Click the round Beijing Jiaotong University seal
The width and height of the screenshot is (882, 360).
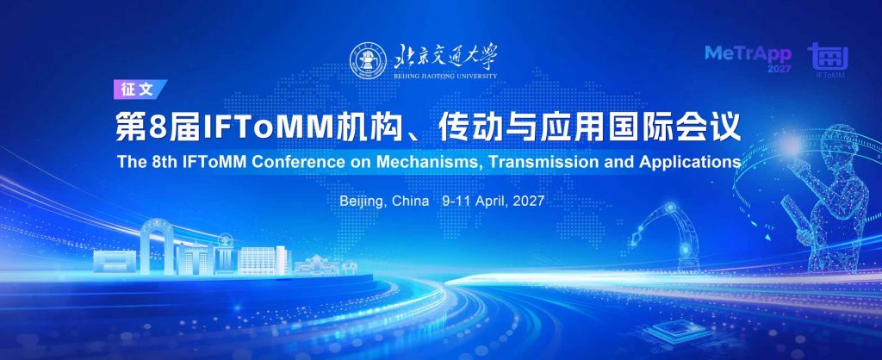(x=368, y=60)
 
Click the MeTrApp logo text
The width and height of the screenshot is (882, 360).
(x=748, y=54)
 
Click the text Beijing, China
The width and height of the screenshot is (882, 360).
(x=384, y=202)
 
